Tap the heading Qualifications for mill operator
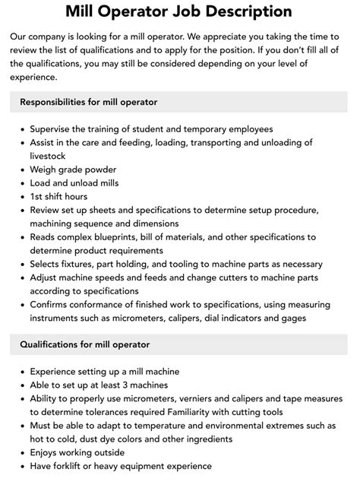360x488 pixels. [84, 344]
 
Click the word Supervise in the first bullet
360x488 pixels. [54, 128]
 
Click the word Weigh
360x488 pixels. [44, 170]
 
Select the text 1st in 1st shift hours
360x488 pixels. [37, 197]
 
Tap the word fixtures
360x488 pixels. [81, 265]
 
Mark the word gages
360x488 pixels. [292, 318]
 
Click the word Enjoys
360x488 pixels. [46, 453]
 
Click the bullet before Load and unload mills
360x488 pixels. [21, 183]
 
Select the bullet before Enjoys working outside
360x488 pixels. [21, 453]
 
